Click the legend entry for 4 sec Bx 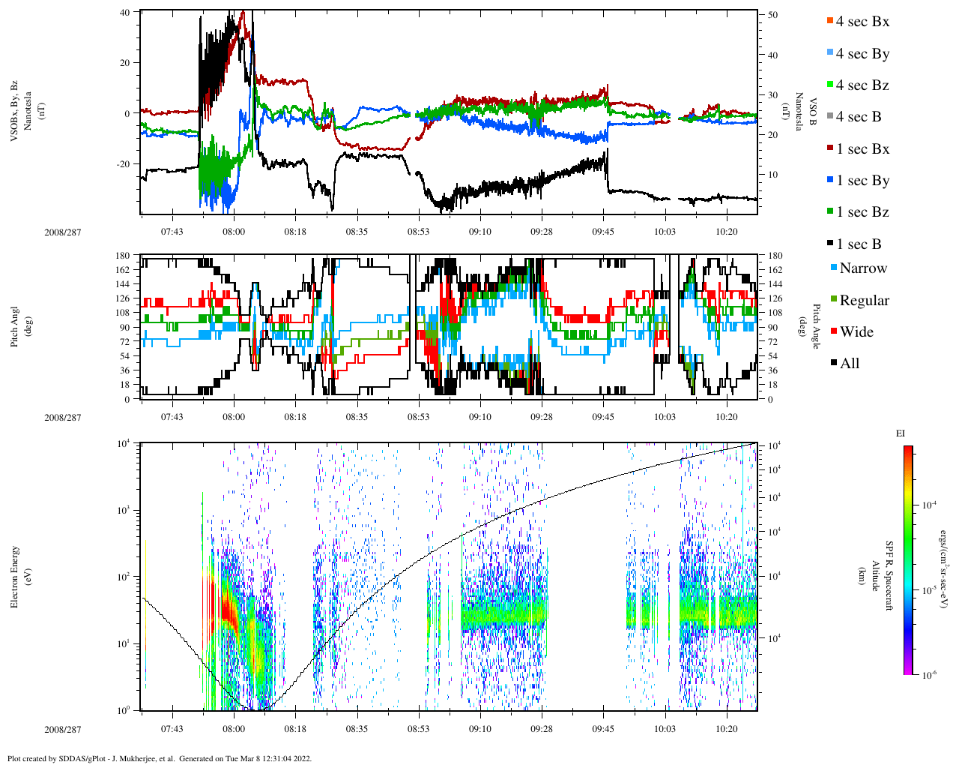tap(862, 22)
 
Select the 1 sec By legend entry tap(862, 181)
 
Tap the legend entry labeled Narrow tap(862, 268)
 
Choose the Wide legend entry tap(856, 332)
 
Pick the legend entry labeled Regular tap(864, 301)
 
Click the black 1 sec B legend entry tap(858, 244)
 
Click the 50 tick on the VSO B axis tap(772, 15)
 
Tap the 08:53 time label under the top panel tap(419, 232)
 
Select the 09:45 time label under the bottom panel tap(603, 727)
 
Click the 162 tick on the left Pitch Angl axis tap(122, 270)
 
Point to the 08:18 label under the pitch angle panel tap(295, 417)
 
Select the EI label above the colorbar tap(901, 433)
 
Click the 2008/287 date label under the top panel tap(63, 232)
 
